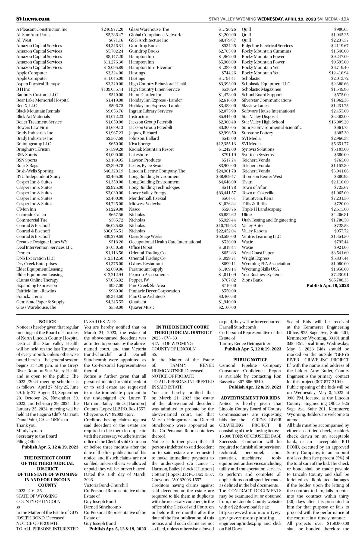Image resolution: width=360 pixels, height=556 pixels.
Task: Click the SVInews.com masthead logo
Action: pos(33,19)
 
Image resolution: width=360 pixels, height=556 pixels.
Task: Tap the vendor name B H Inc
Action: pos(23,89)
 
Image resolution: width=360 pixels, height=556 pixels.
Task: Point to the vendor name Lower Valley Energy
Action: pos(148,193)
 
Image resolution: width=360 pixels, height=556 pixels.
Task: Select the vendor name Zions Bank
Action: pos(252,280)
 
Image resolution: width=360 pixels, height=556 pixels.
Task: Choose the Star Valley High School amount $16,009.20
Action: pos(339,122)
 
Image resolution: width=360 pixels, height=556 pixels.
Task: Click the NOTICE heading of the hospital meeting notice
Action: pos(47,322)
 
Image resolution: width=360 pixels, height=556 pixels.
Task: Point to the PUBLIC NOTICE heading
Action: pos(250,360)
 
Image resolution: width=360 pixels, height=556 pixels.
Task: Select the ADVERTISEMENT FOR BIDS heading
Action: pos(250,398)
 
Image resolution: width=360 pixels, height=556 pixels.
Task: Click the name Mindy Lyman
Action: pos(27,431)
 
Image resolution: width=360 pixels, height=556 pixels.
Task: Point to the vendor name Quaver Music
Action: pos(142,307)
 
